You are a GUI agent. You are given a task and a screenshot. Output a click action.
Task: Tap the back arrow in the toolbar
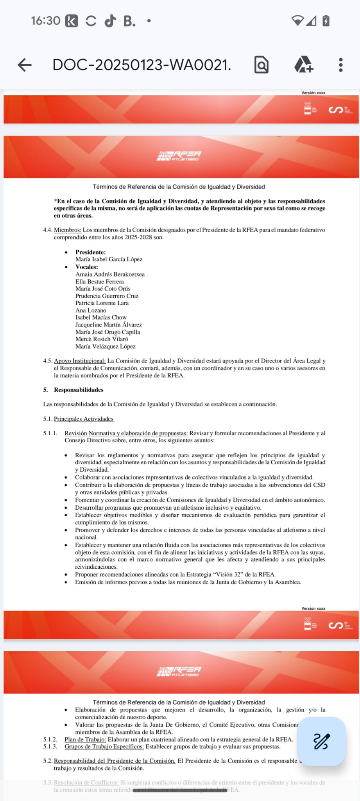coord(25,65)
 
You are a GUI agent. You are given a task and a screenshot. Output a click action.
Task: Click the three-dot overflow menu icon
coord(340,65)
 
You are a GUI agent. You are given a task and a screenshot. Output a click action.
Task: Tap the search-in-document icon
coord(261,65)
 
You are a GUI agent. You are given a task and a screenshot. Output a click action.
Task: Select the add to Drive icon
coord(303,65)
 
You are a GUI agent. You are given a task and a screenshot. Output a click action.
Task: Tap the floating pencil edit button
coord(321,741)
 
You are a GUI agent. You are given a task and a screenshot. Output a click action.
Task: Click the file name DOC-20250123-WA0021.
coord(141,65)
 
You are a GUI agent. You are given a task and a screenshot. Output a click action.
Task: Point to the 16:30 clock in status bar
coord(45,20)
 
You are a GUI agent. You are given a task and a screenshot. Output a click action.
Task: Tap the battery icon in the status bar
coord(326,20)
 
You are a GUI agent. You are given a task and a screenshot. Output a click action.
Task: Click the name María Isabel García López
coord(109,259)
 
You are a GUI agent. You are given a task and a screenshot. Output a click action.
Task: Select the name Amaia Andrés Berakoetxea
coord(110,274)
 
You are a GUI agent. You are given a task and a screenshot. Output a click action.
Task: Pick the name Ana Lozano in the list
coord(91,310)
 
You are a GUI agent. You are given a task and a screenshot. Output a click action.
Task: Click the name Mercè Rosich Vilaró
coord(102,339)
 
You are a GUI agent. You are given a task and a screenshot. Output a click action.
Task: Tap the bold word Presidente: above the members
coord(90,252)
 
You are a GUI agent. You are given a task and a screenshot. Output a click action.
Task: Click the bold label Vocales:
coord(86,267)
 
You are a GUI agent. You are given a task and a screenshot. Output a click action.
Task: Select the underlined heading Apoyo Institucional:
coord(80,361)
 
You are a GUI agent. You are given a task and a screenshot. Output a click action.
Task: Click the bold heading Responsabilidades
coord(79,390)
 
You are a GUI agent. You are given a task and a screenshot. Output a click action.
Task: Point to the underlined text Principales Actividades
coord(83,419)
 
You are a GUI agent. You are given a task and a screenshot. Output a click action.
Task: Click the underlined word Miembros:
coord(67,230)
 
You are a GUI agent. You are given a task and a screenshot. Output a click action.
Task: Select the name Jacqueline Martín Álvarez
coord(108,325)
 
